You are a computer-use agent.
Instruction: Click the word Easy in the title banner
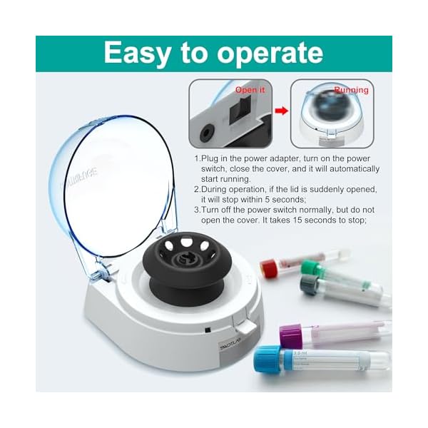pos(143,53)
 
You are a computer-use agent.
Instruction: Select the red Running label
pos(351,91)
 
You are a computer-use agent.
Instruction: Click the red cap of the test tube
pos(269,268)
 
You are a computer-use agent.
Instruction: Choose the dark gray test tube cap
pos(309,285)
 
